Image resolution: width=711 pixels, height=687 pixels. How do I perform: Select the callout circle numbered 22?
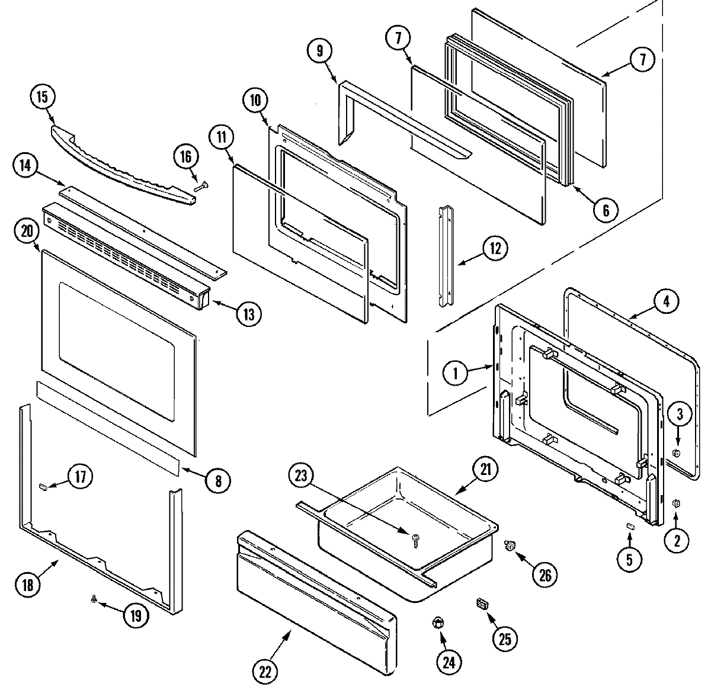(x=265, y=670)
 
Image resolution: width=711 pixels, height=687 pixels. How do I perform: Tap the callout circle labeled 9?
(x=319, y=51)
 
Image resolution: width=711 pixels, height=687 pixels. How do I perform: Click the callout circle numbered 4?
(x=666, y=301)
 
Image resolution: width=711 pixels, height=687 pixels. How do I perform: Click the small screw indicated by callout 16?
(x=200, y=187)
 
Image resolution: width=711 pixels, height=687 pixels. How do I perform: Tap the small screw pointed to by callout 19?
(x=94, y=599)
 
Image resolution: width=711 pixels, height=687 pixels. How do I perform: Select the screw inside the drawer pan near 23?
(x=415, y=538)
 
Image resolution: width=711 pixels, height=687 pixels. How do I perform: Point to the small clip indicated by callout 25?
(x=482, y=604)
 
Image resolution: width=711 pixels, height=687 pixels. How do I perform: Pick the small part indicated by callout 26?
(x=508, y=545)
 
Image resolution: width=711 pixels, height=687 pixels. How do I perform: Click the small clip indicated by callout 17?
(x=43, y=486)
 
